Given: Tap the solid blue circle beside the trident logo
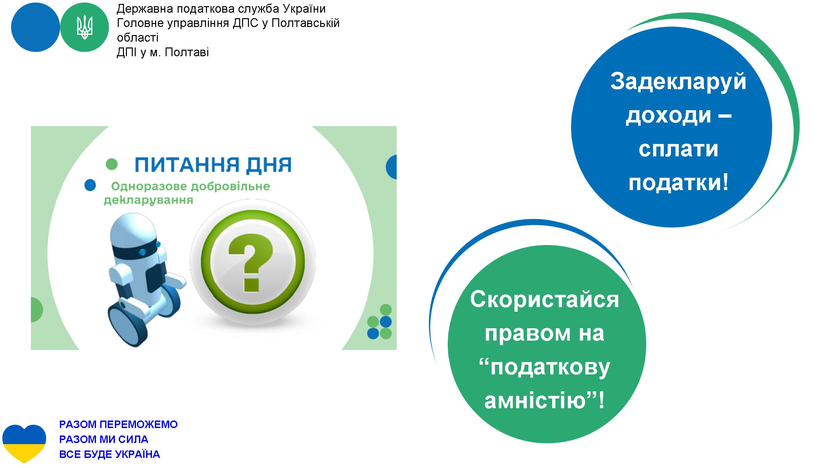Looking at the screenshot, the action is point(35,28).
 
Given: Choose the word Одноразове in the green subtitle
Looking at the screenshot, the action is point(149,187).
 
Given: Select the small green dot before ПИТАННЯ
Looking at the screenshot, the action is point(112,164).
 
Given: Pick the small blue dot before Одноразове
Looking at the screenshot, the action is point(90,185).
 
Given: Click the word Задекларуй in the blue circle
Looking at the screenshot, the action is point(678,82).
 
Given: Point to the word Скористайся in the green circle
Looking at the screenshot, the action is point(544,300).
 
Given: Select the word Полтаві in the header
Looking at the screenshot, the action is point(186,53).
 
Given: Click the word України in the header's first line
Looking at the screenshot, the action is point(304,9).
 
